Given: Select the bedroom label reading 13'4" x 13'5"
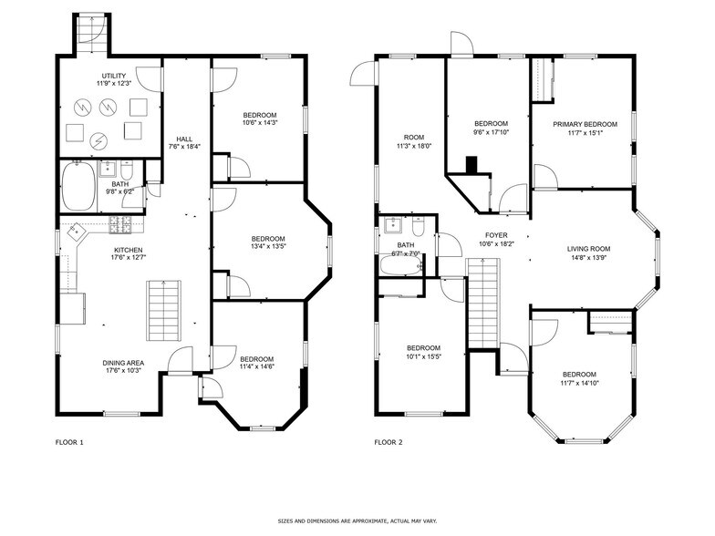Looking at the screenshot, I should [x=270, y=242].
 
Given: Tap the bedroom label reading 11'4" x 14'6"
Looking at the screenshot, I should [x=258, y=362].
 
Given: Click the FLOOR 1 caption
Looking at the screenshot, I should [x=69, y=443].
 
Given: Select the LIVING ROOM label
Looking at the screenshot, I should [x=588, y=253].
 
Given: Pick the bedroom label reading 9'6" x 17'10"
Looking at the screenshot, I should [x=490, y=128].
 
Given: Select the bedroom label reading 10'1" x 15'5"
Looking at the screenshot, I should [x=423, y=352].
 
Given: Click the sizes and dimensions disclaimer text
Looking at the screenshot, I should [x=357, y=521].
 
